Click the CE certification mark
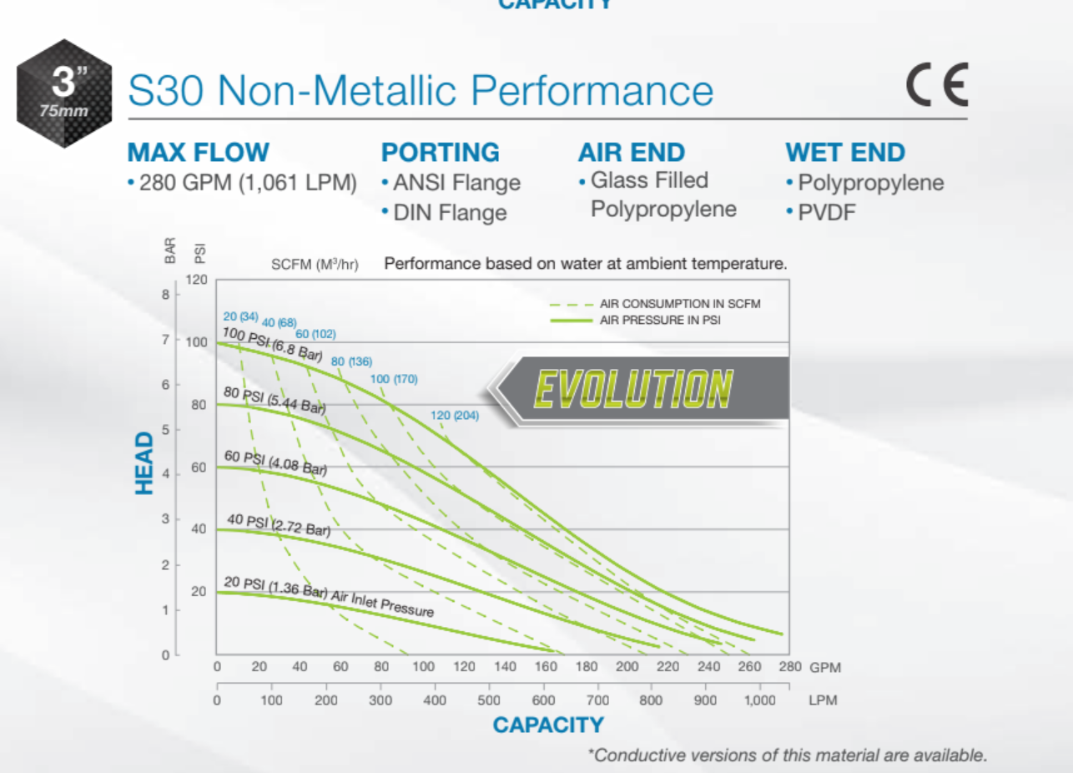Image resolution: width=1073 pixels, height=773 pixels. tap(937, 86)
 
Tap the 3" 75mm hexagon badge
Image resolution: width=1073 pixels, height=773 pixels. tap(64, 93)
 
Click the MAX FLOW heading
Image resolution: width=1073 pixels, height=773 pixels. tap(198, 153)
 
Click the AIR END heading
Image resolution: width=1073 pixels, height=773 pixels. tap(631, 153)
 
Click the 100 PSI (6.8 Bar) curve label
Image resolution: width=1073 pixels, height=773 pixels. tap(272, 344)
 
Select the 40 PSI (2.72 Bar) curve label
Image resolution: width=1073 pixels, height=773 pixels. tap(279, 525)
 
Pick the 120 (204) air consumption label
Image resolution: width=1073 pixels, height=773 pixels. tap(455, 415)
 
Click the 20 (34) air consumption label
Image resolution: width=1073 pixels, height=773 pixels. tap(240, 316)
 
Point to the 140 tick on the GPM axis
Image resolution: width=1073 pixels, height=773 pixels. tap(505, 667)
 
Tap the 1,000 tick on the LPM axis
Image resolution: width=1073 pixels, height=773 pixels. tap(758, 700)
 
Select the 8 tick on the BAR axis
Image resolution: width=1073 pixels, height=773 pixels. tap(165, 294)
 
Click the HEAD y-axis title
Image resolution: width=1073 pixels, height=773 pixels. tap(145, 462)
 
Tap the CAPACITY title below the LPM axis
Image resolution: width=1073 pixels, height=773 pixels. tap(547, 725)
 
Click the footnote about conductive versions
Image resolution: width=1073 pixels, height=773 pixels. tap(787, 755)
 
